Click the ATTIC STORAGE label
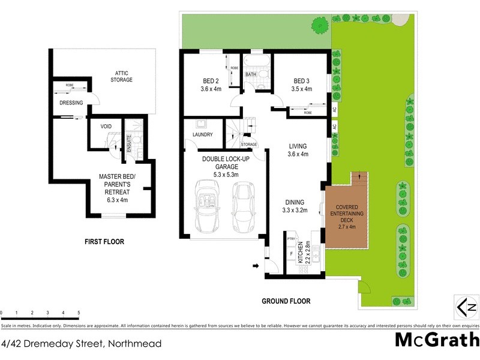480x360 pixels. (121, 76)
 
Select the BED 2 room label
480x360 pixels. (211, 85)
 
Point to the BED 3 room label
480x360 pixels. (302, 85)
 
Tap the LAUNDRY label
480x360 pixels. (203, 134)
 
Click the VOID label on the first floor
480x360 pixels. (106, 127)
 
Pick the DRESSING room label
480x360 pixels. (71, 103)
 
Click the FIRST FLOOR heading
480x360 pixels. (104, 242)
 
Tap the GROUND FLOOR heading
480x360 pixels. (286, 301)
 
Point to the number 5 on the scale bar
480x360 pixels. (79, 313)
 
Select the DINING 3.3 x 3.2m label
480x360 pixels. (295, 206)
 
